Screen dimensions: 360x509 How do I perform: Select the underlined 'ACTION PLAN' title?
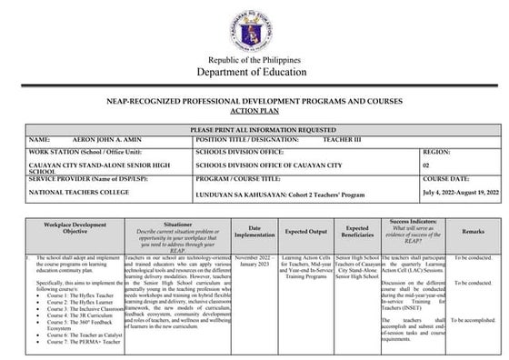(254, 114)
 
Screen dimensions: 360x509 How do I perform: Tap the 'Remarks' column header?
(472, 233)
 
